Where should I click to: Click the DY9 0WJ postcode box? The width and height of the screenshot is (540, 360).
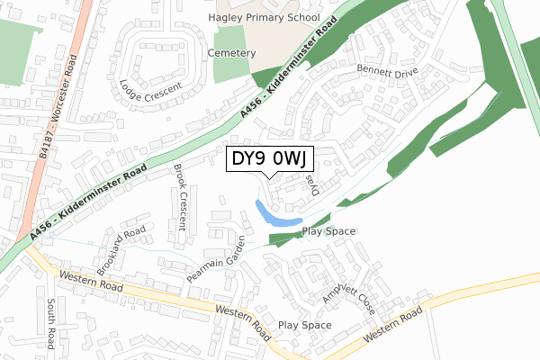tap(269, 159)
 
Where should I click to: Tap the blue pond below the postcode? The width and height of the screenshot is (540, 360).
tap(275, 215)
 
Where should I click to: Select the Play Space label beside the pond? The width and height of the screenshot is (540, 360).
tap(328, 231)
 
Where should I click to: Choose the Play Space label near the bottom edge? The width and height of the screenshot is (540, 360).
tap(304, 325)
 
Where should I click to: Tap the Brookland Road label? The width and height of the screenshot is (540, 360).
tap(121, 251)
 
